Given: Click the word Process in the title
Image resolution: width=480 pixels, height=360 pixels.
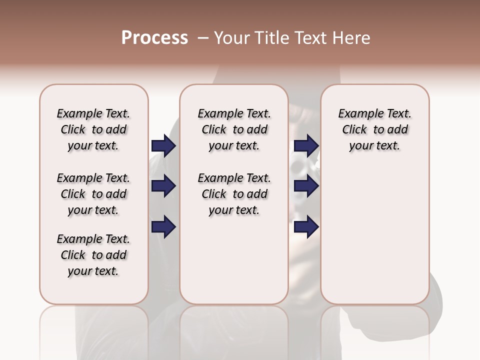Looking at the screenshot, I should pos(154,38).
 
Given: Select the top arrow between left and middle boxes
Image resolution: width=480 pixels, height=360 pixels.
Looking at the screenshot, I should pos(163,145).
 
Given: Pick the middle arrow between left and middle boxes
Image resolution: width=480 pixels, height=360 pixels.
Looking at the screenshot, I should pos(163,186).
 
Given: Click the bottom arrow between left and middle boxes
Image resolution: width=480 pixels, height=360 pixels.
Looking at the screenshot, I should pos(163,227).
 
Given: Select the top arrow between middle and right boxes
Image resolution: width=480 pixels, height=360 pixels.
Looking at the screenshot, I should pos(306,145).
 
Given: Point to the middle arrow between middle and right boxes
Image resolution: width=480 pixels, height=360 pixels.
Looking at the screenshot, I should pos(306,186).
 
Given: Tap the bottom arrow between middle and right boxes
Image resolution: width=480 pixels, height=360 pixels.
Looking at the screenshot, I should pos(306,227).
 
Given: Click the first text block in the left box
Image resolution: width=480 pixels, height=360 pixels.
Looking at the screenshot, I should pos(93,129).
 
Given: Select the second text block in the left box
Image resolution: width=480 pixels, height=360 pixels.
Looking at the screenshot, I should pos(93,194).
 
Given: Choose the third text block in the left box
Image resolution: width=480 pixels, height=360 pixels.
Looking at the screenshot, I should pos(93,255).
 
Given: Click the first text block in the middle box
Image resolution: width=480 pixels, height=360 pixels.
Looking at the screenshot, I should pos(234,129).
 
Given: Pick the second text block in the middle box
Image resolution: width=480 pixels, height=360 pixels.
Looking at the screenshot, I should pos(234,194).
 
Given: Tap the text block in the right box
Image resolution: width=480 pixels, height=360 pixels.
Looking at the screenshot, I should pos(374,129).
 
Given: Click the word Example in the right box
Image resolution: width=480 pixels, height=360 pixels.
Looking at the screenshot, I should pos(356,114).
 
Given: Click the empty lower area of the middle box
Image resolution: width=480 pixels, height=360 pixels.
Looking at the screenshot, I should pos(234,260).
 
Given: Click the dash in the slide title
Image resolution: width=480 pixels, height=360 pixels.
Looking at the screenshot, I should pos(203,38).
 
